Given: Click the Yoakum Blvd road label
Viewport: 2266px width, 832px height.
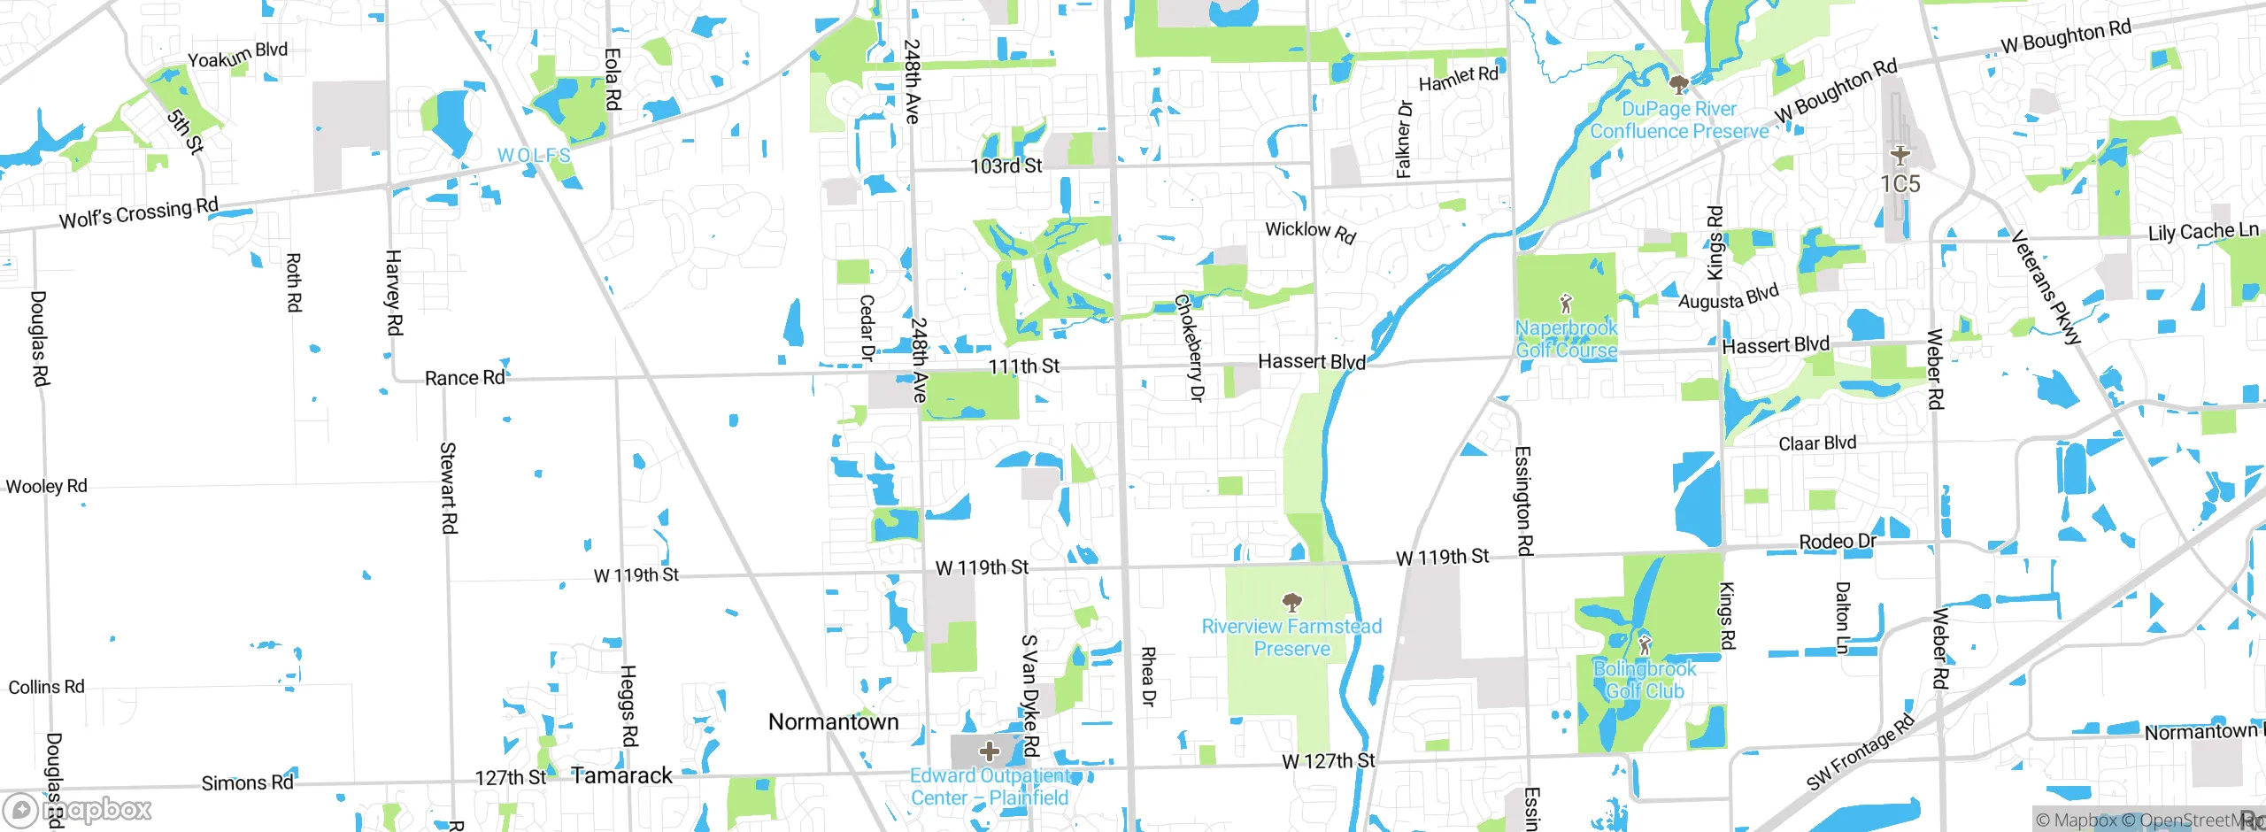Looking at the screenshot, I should [237, 55].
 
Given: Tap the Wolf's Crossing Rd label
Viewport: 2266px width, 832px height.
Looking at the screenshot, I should [138, 213].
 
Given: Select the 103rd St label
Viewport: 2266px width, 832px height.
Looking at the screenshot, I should [1006, 166].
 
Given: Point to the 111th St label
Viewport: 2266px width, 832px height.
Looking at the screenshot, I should [1023, 366].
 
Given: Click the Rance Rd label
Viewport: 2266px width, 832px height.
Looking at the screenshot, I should [465, 378].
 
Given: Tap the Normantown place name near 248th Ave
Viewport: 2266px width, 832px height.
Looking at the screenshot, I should [833, 722].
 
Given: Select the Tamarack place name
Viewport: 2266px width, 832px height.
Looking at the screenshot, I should [621, 776].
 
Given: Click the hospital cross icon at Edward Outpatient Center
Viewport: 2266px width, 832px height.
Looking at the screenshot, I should [989, 752].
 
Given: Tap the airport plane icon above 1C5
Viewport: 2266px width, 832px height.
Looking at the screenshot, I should [1900, 157].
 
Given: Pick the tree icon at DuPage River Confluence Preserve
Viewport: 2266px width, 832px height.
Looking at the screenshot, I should [1677, 85].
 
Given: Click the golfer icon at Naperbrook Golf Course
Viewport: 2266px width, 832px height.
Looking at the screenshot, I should [1566, 304].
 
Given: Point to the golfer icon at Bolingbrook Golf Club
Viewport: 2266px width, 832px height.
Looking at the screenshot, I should [1644, 643].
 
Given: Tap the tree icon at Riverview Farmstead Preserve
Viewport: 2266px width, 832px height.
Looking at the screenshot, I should [1291, 603].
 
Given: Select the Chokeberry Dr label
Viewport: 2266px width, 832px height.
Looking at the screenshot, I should [1190, 348].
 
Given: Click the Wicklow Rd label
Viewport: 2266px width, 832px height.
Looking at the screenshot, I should [1310, 231].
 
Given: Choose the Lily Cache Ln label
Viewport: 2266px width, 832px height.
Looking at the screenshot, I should [2203, 232].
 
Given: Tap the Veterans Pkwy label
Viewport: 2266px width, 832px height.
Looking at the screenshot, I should [2046, 287].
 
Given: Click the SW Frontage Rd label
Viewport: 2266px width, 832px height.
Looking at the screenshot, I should [1860, 752].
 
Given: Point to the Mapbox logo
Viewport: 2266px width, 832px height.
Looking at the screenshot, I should [78, 810].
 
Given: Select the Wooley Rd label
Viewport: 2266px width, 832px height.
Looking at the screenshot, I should [47, 486].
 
